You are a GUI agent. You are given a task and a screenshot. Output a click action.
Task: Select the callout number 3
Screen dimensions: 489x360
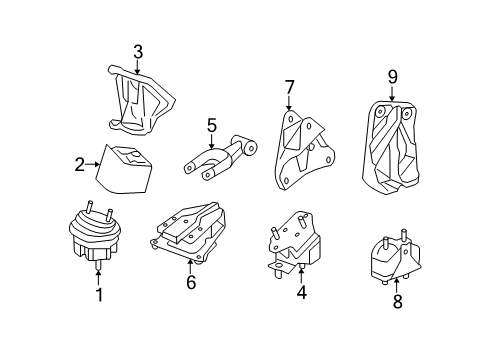pos(138,51)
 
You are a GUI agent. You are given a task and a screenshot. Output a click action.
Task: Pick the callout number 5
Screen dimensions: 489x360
pos(211,126)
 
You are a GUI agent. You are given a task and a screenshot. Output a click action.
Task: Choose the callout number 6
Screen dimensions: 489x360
pos(190,284)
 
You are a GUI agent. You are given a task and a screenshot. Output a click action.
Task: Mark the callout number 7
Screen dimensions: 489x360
pos(289,87)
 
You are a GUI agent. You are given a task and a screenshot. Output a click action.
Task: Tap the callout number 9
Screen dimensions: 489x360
pos(393,75)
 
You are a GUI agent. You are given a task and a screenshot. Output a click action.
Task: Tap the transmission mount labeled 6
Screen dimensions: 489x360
pos(190,235)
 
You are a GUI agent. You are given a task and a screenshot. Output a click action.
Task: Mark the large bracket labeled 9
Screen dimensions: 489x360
pos(392,145)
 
